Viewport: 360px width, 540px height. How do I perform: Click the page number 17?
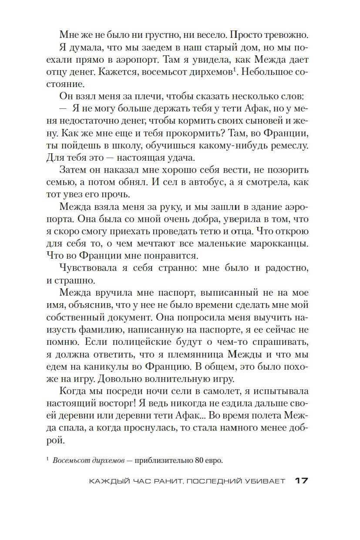(x=301, y=481)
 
